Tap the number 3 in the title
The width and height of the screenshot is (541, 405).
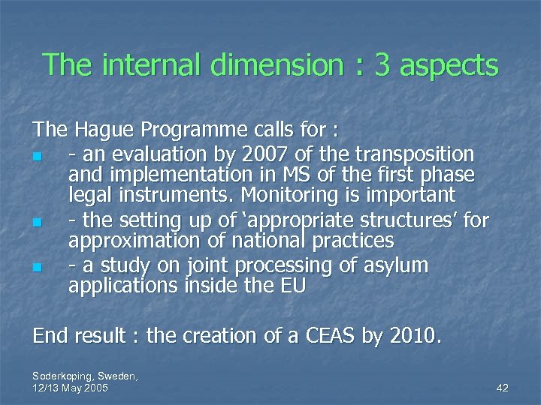pyautogui.click(x=382, y=65)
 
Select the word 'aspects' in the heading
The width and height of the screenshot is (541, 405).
pyautogui.click(x=449, y=67)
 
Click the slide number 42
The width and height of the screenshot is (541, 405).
pyautogui.click(x=503, y=388)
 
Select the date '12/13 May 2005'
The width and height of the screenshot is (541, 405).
pyautogui.click(x=71, y=388)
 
